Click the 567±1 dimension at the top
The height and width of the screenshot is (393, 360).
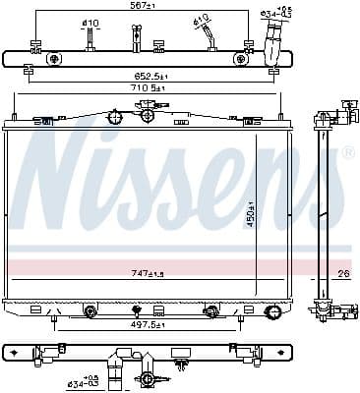pyautogui.click(x=144, y=6)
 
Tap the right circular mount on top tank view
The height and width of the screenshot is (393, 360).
pyautogui.click(x=240, y=59)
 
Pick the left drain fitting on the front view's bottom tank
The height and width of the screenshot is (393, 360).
pyautogui.click(x=90, y=311)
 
